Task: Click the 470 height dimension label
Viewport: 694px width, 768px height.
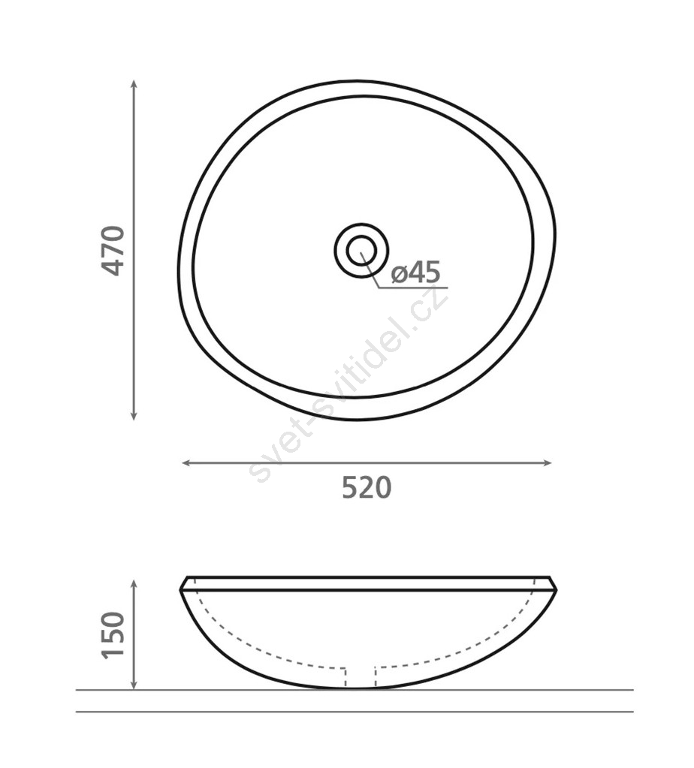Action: [x=113, y=250]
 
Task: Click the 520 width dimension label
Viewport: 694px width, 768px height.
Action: [x=367, y=487]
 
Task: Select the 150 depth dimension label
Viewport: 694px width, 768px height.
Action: [x=113, y=635]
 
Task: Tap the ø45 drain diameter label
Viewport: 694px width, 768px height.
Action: [x=416, y=273]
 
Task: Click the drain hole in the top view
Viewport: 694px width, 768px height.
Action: [x=362, y=250]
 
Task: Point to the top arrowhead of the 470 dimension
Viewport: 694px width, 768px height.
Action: [x=133, y=84]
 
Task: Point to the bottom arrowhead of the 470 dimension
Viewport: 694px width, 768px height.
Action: [x=133, y=416]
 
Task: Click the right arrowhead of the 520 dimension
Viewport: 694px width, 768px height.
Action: [x=547, y=463]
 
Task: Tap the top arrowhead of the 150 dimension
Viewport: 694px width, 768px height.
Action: [x=133, y=584]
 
